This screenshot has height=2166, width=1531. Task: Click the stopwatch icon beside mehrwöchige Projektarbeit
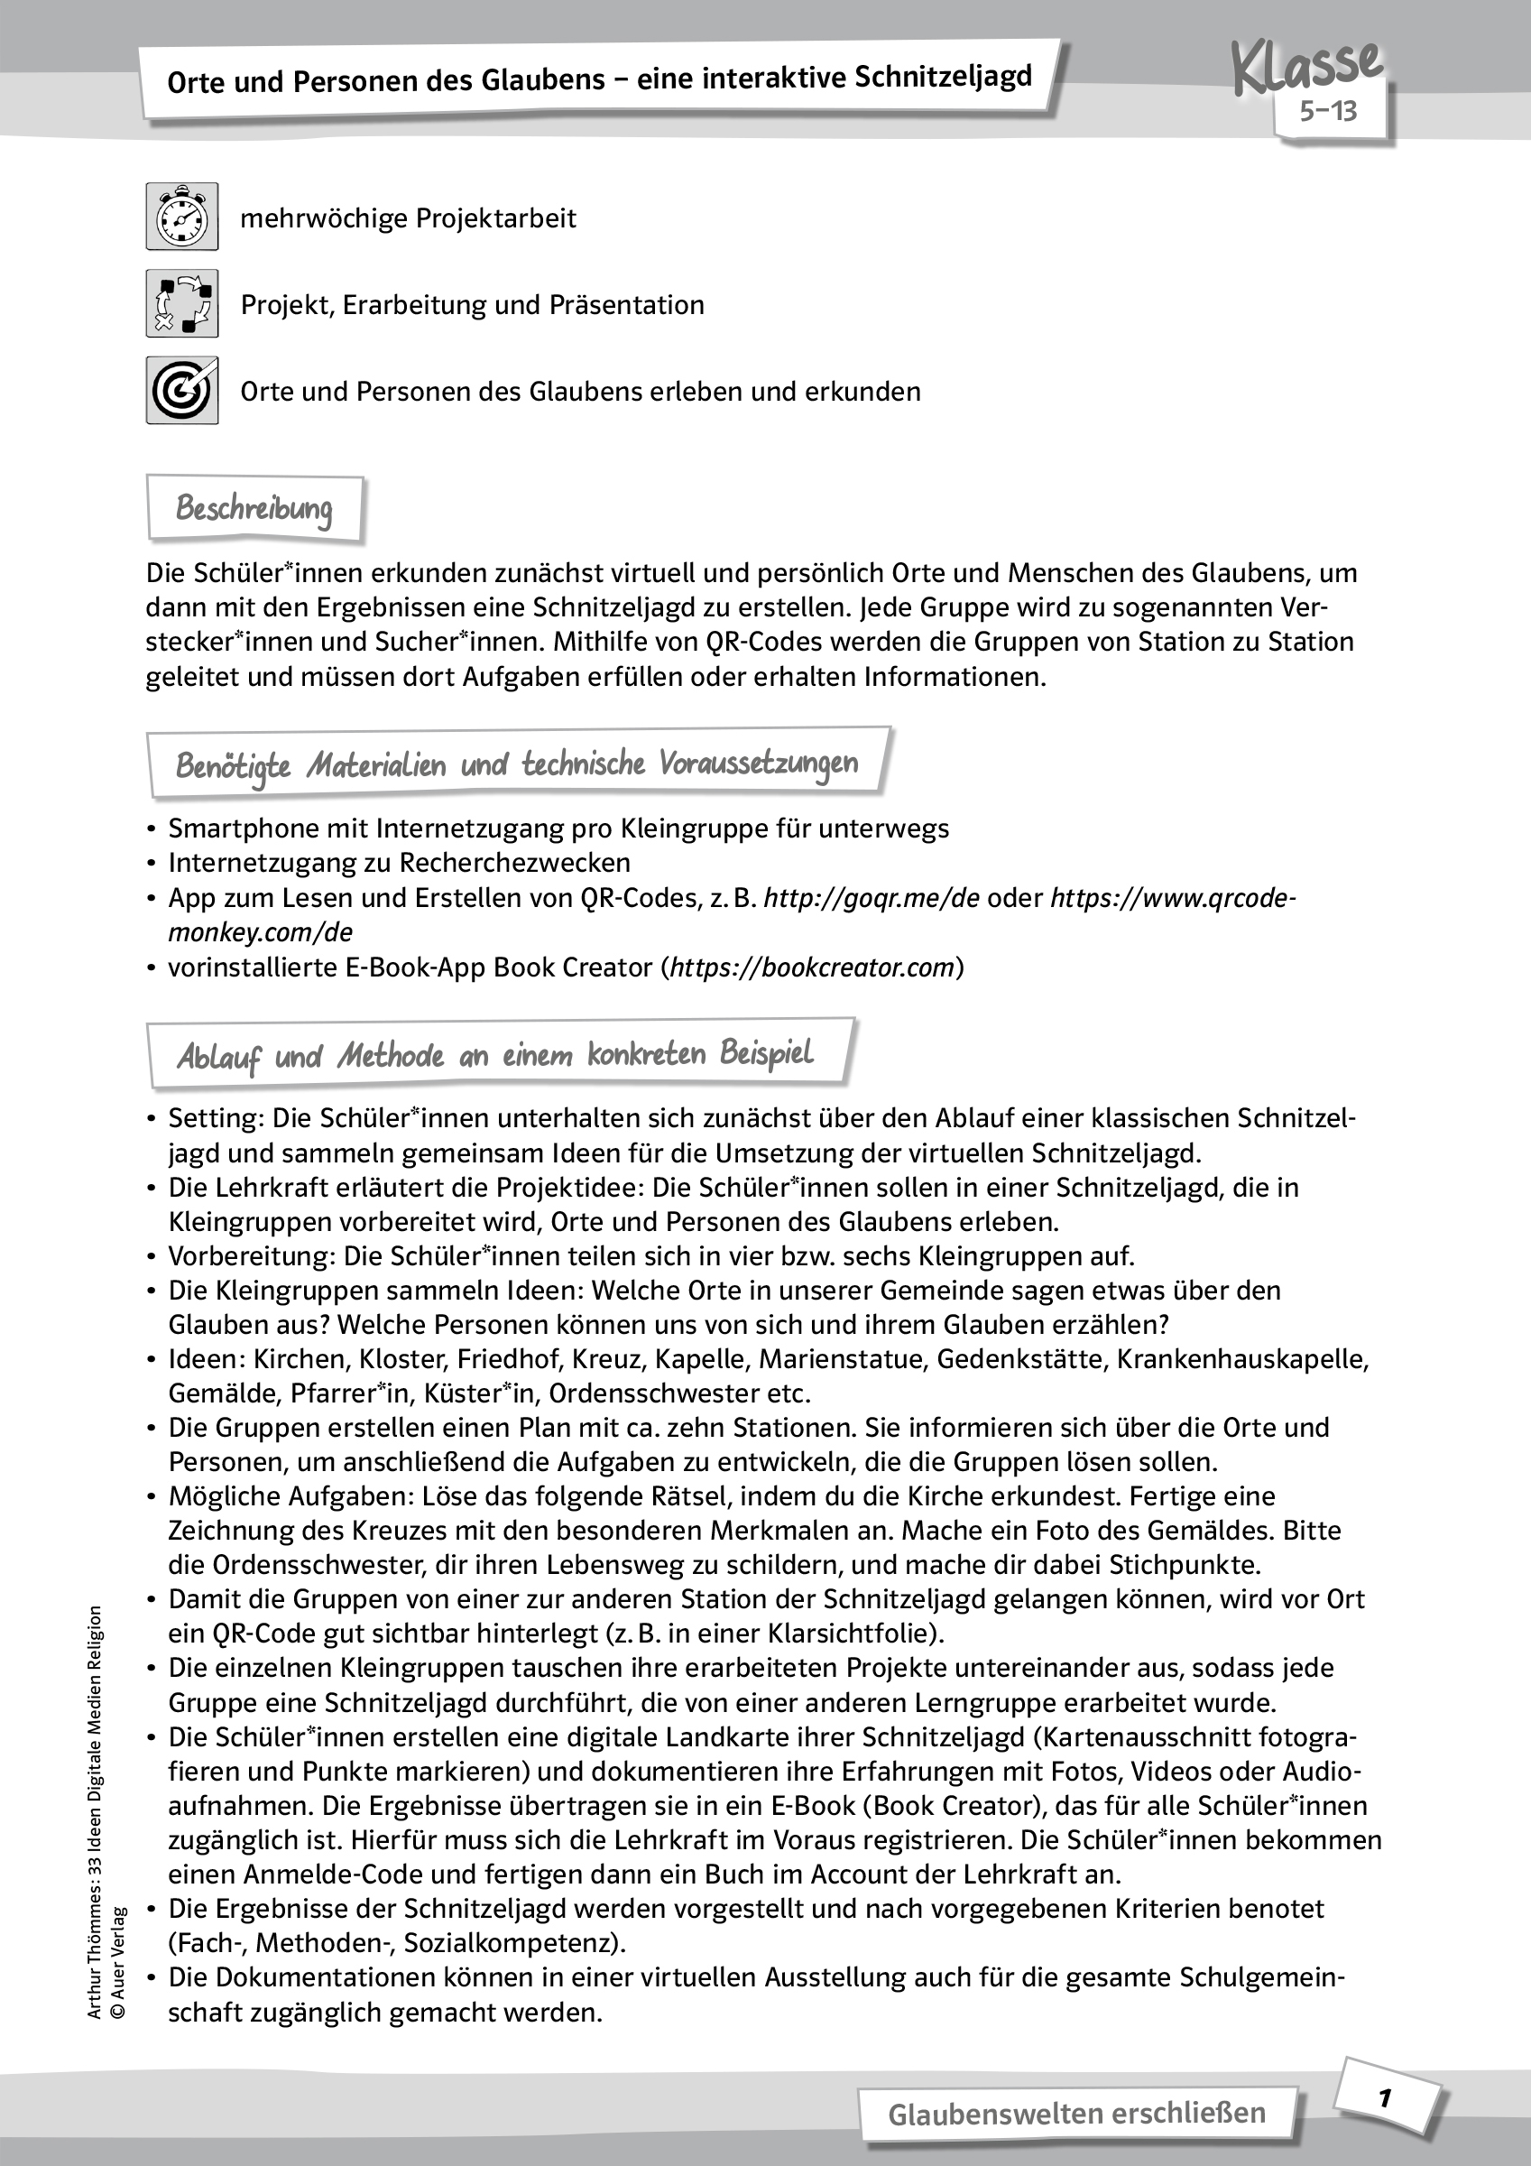click(x=182, y=217)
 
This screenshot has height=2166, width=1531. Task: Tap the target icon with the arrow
click(x=182, y=390)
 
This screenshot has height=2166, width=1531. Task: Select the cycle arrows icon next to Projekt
click(x=182, y=304)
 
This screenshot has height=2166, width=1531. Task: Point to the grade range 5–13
click(x=1328, y=111)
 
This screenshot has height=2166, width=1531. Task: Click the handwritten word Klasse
click(x=1307, y=66)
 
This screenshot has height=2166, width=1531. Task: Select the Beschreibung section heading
click(x=254, y=508)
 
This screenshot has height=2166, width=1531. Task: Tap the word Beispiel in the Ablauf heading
click(x=766, y=1054)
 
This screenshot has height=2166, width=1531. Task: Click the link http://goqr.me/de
click(x=872, y=897)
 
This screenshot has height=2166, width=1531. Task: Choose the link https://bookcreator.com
click(x=812, y=967)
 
